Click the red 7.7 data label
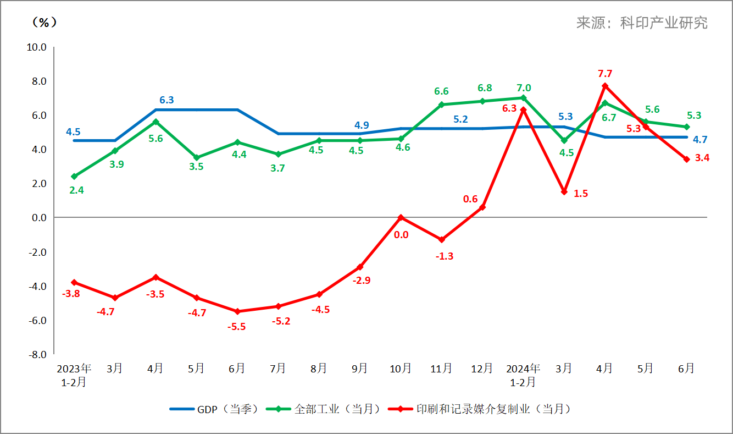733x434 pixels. click(605, 73)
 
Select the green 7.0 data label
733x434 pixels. click(524, 87)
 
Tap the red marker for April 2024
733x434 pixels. click(605, 86)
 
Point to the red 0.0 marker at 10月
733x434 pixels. click(401, 218)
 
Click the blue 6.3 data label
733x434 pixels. click(166, 100)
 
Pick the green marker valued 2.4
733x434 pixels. click(74, 177)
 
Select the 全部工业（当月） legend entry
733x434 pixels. click(324, 409)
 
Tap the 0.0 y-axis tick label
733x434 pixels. click(38, 218)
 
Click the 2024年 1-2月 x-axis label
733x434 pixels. click(523, 375)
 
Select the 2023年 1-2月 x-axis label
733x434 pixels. click(74, 375)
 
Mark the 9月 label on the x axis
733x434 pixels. click(360, 369)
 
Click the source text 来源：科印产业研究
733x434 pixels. click(642, 23)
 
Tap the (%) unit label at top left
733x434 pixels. click(44, 22)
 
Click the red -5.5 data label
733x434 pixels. click(237, 326)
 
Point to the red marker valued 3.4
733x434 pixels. click(686, 160)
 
